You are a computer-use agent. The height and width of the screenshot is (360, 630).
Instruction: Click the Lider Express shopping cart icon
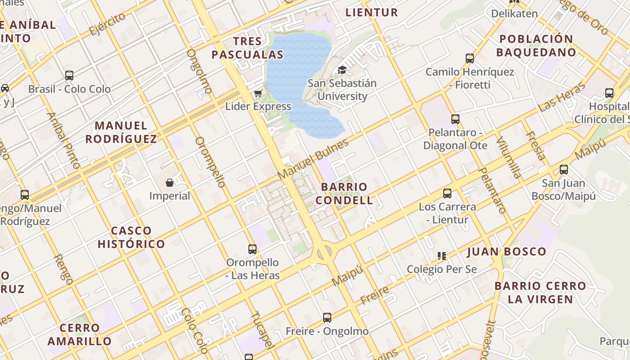point(258,94)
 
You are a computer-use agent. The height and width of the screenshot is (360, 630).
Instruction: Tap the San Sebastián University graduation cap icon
point(342,70)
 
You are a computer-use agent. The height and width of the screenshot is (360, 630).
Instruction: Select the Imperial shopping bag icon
point(170,182)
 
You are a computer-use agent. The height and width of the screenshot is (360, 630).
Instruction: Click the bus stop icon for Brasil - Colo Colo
point(69,76)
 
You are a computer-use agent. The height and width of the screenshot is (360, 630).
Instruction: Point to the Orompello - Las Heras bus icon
point(252,249)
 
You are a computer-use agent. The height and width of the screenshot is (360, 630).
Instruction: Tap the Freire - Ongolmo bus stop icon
point(327,318)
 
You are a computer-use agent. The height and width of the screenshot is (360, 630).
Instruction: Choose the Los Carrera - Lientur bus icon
point(447,193)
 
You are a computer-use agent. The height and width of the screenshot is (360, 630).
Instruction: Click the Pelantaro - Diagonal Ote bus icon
point(455,119)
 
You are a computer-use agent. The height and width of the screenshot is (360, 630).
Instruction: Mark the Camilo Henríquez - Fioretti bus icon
point(470,58)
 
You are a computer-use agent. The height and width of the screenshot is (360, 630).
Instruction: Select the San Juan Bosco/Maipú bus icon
point(563,170)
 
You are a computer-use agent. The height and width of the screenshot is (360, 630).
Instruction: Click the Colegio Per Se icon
point(442,256)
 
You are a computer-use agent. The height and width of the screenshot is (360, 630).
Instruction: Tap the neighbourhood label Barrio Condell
point(344,193)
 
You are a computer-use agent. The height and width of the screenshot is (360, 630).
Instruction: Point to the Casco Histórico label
point(131,238)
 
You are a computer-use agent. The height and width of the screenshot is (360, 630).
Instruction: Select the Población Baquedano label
point(536,45)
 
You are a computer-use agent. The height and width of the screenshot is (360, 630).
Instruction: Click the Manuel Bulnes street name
point(313,159)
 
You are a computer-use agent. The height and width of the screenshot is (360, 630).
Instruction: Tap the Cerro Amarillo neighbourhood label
point(80,334)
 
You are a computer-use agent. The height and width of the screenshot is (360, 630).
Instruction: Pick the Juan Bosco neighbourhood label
point(507,252)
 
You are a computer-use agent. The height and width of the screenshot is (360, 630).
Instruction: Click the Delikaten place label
point(514,13)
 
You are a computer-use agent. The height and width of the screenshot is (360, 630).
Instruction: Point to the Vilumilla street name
point(509,157)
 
